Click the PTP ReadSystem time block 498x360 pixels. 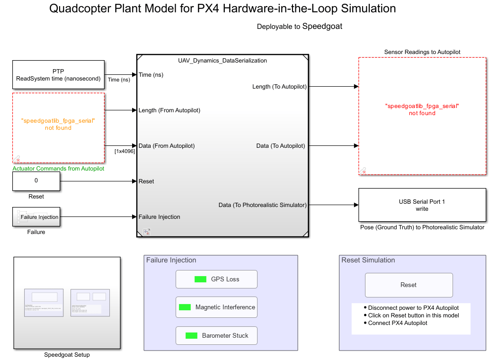click(58, 75)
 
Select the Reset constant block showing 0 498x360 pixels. click(36, 180)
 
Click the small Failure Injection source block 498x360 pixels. click(36, 217)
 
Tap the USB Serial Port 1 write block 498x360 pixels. click(422, 205)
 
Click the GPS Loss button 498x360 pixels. click(216, 279)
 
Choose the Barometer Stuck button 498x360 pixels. click(216, 335)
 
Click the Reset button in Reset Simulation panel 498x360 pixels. click(409, 285)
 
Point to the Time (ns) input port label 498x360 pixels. click(151, 75)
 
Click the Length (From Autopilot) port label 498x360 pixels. click(169, 110)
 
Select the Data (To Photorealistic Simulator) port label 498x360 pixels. click(262, 205)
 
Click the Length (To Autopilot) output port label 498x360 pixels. click(279, 87)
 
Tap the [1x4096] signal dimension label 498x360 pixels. click(124, 152)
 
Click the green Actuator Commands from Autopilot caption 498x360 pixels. click(58, 169)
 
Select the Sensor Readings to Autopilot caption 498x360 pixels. click(422, 52)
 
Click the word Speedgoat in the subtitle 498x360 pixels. click(322, 27)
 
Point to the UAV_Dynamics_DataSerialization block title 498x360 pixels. click(222, 61)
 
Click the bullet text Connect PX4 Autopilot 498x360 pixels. click(398, 323)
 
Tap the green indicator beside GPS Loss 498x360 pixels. click(200, 279)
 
